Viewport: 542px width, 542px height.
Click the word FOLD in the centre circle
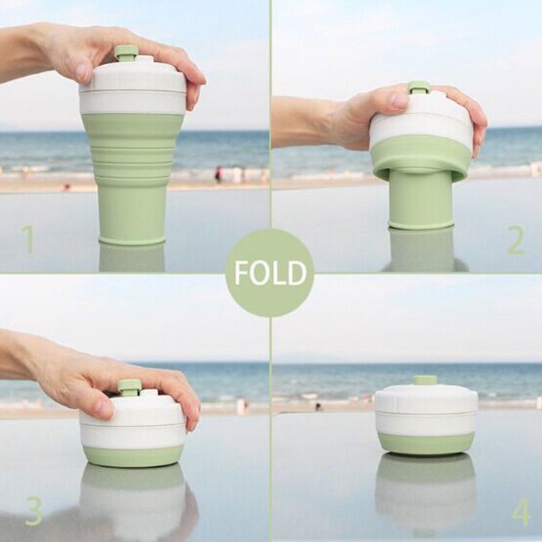pyautogui.click(x=270, y=273)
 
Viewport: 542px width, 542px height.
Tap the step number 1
pyautogui.click(x=29, y=239)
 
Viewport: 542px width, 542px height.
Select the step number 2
pyautogui.click(x=516, y=241)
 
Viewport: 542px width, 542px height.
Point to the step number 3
pyautogui.click(x=33, y=511)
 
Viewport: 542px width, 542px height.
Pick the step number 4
pyautogui.click(x=520, y=513)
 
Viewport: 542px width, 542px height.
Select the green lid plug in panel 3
pyautogui.click(x=129, y=387)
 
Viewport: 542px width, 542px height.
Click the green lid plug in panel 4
pyautogui.click(x=424, y=380)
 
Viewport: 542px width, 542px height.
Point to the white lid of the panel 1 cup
pyautogui.click(x=133, y=87)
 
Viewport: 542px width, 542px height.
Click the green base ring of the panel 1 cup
pyautogui.click(x=132, y=239)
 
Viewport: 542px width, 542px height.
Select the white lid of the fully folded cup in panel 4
pyautogui.click(x=426, y=410)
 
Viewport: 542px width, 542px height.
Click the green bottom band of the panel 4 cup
pyautogui.click(x=426, y=444)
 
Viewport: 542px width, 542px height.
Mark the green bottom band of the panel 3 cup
pyautogui.click(x=133, y=456)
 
